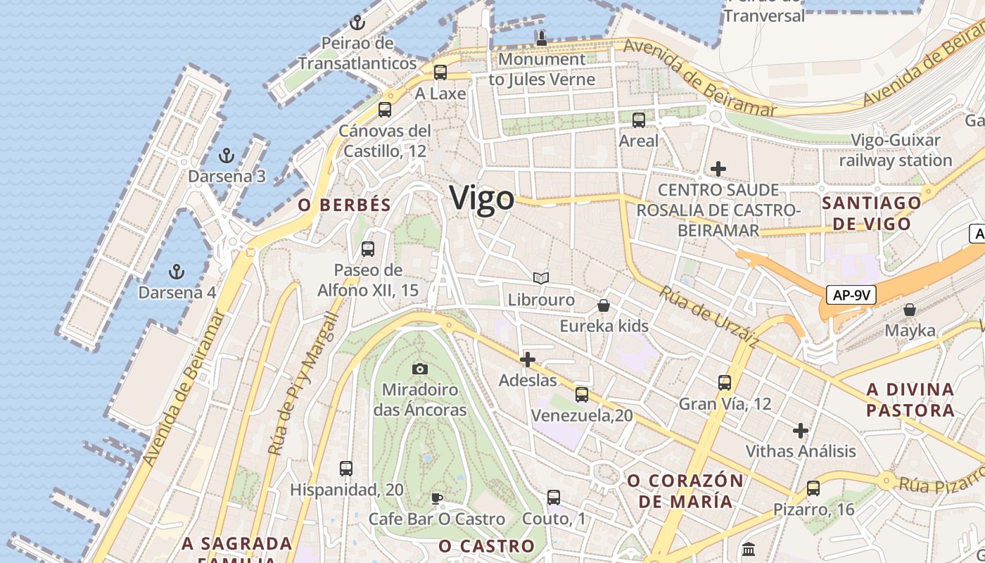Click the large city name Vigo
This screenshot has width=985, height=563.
point(482,198)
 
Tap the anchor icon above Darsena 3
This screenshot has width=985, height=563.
point(227,155)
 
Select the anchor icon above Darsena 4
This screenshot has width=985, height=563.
point(177,271)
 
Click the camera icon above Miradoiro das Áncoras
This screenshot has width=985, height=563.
point(420,369)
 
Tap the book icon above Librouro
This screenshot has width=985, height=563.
point(541,279)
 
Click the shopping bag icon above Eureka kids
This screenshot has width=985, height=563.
point(604,305)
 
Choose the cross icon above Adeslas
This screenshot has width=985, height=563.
point(527,360)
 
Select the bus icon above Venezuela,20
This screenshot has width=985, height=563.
point(582,394)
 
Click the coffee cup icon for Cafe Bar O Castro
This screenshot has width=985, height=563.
point(437,499)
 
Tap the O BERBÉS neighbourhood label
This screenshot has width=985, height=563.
point(344,205)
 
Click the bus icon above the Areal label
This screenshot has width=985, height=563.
point(639,120)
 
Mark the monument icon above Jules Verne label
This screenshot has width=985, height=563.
point(542,38)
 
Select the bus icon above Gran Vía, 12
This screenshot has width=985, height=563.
point(725,383)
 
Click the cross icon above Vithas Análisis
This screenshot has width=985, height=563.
point(801,430)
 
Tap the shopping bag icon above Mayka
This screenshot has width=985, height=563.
point(910,310)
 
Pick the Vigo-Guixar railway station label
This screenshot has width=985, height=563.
point(895,150)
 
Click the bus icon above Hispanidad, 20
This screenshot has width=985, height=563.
point(345,468)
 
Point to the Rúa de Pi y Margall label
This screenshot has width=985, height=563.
point(304,384)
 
